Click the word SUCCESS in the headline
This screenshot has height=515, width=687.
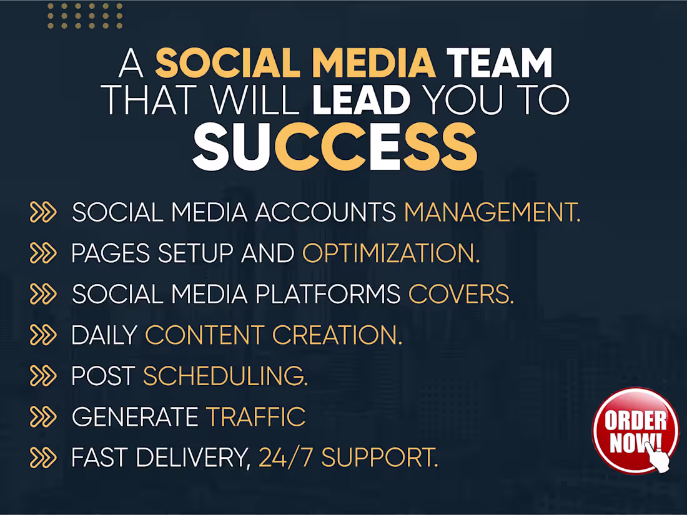point(335,147)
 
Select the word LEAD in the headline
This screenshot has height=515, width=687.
point(361,100)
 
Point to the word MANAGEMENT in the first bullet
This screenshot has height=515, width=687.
point(492,213)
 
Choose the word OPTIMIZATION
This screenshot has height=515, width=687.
point(391,253)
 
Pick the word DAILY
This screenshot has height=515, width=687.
point(104,335)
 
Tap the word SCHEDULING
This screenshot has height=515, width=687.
point(225,376)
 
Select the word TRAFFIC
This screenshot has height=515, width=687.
point(256,417)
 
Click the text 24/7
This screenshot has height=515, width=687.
point(286,458)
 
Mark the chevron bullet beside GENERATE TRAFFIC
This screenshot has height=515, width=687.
point(43,417)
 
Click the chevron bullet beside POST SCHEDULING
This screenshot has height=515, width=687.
point(43,376)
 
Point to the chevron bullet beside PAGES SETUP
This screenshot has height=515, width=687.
point(43,253)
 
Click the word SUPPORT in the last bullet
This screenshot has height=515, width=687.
point(379,458)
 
